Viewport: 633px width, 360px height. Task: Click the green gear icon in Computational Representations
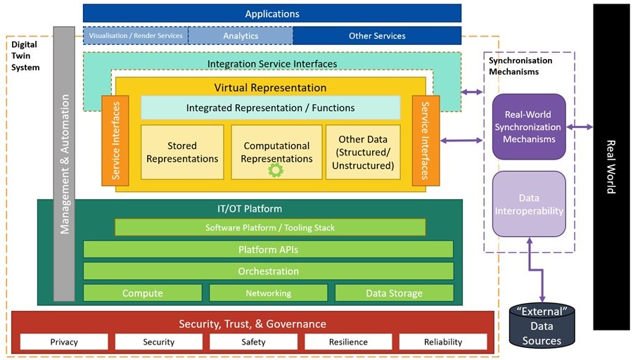[275, 169]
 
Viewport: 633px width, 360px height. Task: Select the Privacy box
[64, 342]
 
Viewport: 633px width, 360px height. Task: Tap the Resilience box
[348, 342]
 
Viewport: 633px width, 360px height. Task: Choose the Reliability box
[443, 342]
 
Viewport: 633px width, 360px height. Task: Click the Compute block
[143, 293]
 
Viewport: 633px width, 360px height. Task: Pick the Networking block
[269, 293]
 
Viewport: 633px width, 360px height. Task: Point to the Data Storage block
[394, 293]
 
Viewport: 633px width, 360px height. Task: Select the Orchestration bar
[269, 271]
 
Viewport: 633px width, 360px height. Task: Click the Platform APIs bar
[269, 250]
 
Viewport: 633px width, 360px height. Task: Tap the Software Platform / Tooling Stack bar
[270, 227]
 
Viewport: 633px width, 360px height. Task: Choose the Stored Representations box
[182, 153]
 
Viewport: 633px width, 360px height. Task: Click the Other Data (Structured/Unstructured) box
[362, 153]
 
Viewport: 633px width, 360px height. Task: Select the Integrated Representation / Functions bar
[270, 108]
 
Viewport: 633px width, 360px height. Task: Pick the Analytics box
[241, 35]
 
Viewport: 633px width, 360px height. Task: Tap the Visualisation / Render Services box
[136, 35]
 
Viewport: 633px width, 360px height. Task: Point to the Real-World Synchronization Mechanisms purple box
[529, 127]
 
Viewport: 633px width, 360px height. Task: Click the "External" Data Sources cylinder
[542, 326]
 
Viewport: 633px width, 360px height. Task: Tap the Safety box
[253, 342]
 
